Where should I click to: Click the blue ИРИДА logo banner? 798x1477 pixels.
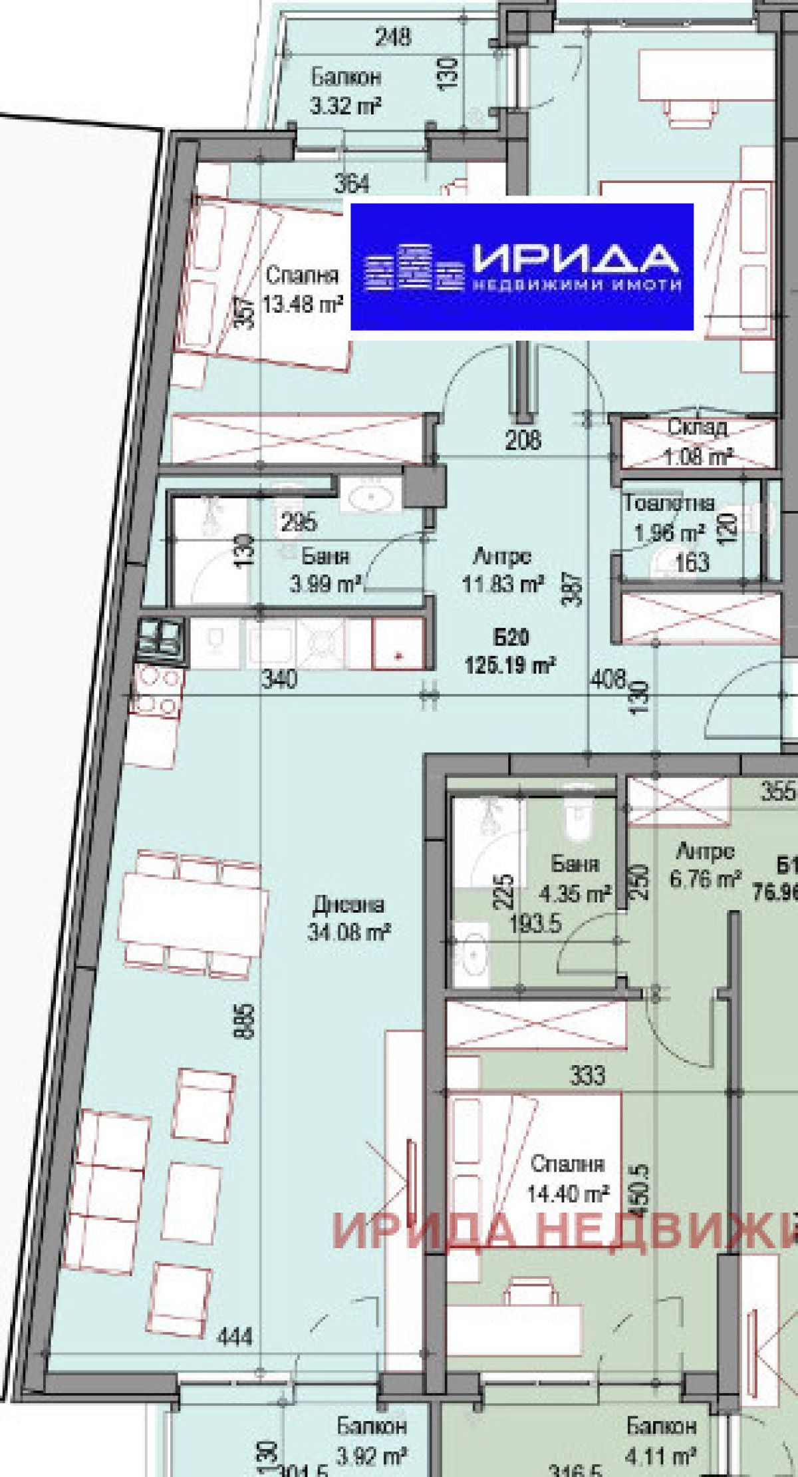(x=522, y=267)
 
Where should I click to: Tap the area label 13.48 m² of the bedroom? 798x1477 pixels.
(x=303, y=305)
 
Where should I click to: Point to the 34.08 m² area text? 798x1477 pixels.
(x=348, y=932)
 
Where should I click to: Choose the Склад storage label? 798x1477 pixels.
(x=697, y=428)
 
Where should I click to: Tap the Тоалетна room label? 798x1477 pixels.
(x=668, y=504)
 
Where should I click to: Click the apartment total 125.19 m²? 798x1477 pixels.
(x=511, y=665)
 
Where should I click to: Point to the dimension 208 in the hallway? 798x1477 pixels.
(x=523, y=440)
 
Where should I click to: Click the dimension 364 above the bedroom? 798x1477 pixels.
(x=352, y=183)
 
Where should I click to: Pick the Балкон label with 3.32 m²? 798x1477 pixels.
(x=346, y=77)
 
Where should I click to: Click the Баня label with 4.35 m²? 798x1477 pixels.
(x=575, y=864)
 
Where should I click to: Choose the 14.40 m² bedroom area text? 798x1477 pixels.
(x=568, y=1194)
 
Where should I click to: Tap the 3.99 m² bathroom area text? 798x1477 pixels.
(x=325, y=585)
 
